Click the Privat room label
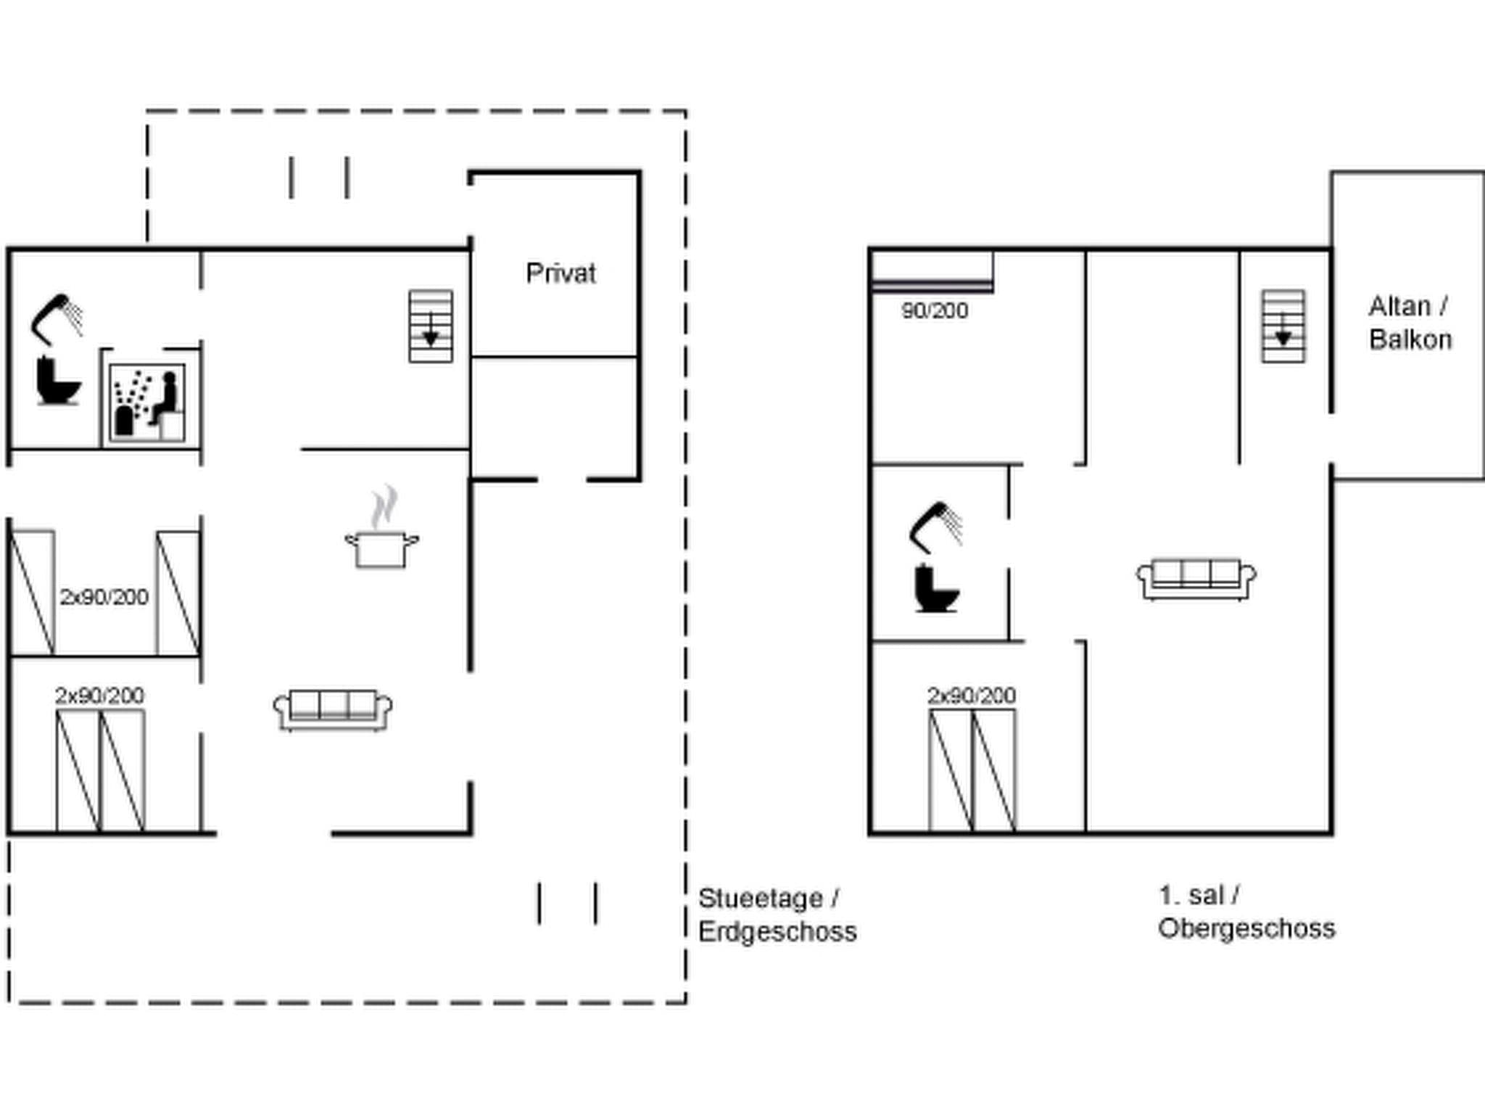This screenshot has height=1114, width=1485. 561,273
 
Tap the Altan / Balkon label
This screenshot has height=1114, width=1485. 1410,323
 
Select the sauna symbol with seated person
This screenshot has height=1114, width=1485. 147,403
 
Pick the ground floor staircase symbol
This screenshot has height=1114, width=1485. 431,326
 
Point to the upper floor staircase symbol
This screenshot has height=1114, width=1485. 1283,326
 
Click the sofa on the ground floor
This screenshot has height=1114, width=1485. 333,709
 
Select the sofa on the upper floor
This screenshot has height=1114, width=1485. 1196,578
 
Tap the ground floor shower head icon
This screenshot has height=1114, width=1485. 57,318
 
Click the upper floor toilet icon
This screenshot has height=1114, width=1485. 936,588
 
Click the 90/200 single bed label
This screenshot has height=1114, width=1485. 935,310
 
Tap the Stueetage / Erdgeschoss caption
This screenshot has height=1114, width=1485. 776,915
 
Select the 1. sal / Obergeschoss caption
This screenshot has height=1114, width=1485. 1245,912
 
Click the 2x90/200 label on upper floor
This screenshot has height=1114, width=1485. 971,695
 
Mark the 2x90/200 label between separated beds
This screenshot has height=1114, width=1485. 104,596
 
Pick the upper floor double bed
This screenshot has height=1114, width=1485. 972,770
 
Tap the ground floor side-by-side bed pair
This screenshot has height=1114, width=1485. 100,770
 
